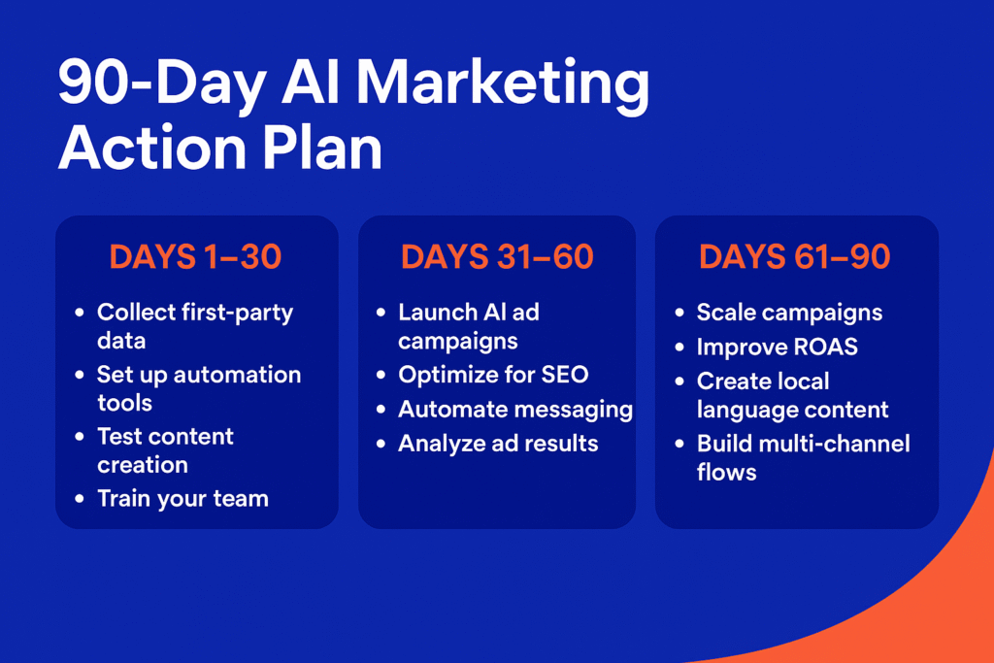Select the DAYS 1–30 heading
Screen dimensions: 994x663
(195, 256)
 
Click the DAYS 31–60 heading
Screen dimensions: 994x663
(497, 256)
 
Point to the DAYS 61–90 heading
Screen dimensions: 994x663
(795, 256)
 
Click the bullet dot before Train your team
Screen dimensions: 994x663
(80, 498)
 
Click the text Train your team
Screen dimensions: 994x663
(183, 500)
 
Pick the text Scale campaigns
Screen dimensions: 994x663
(789, 314)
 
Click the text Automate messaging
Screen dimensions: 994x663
(515, 410)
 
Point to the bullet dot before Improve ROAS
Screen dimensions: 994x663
(679, 347)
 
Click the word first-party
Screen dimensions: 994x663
(237, 314)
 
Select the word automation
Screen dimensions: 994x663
(237, 375)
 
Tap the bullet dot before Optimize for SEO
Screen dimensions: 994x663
(381, 375)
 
